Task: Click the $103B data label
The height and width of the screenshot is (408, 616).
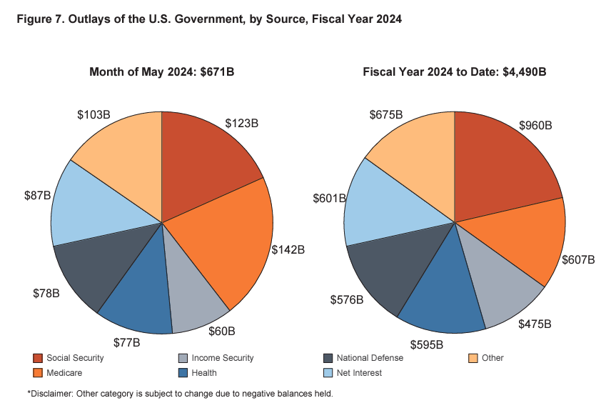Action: coord(94,114)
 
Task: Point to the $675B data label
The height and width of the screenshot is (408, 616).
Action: coord(386,114)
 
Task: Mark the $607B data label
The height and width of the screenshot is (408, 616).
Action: coord(578,259)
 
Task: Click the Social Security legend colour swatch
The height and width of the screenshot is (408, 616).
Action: coord(37,358)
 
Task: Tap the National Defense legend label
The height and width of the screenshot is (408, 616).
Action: coord(370,358)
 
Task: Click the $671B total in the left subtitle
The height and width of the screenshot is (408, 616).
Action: coord(221,71)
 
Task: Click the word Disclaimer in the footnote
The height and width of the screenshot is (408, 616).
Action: coord(52,394)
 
